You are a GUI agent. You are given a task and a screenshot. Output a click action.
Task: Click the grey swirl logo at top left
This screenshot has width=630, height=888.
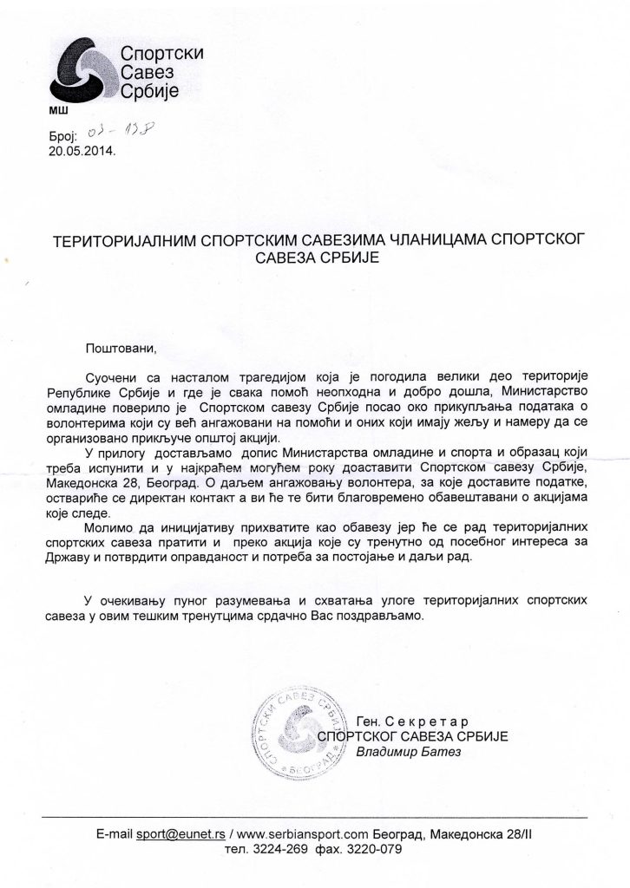point(79,69)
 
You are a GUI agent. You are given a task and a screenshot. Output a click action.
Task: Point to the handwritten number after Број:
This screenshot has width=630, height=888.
point(118,133)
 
